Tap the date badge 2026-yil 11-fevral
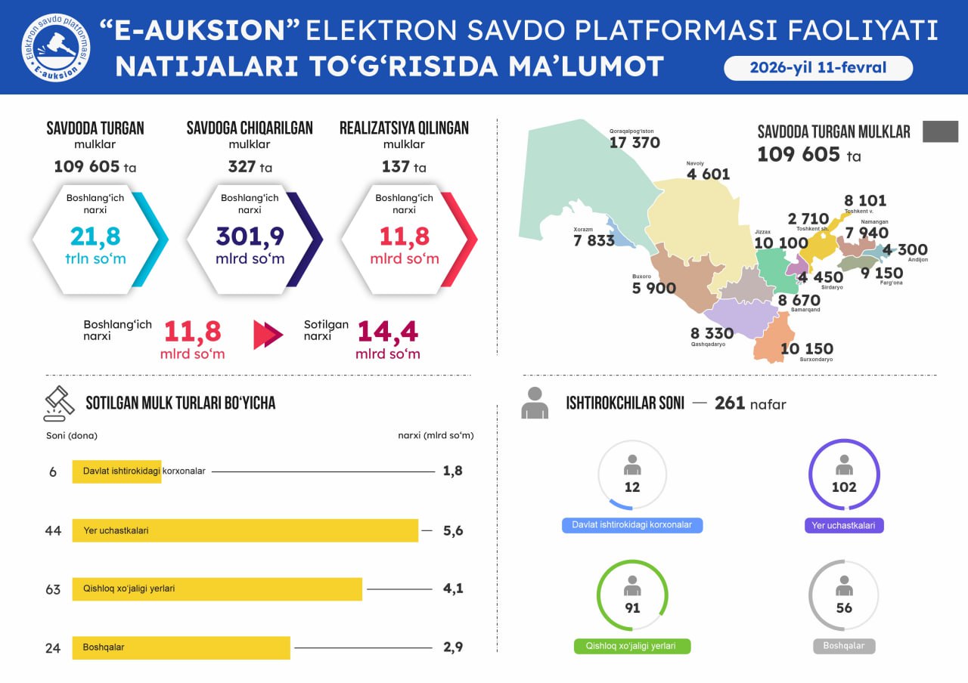click(818, 68)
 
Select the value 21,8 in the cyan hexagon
click(95, 236)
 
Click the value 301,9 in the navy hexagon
click(250, 236)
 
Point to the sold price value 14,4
click(388, 332)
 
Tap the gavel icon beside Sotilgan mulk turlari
click(58, 403)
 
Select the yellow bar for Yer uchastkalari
click(245, 530)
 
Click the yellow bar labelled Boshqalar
click(181, 647)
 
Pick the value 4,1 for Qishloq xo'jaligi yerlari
click(453, 589)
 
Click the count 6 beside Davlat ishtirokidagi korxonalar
click(53, 471)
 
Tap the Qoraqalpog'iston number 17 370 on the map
click(634, 142)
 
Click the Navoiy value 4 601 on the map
click(708, 175)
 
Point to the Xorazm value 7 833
click(594, 240)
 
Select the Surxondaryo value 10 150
click(806, 348)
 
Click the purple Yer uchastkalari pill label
click(844, 525)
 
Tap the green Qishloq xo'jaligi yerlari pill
click(632, 646)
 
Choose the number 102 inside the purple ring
click(844, 487)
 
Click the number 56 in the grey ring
click(844, 607)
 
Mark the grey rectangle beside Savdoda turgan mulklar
click(940, 131)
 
